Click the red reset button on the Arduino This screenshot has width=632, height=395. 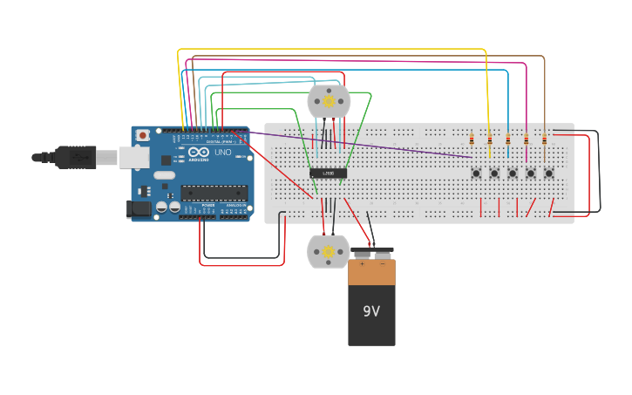click(142, 136)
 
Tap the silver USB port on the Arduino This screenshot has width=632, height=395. click(133, 157)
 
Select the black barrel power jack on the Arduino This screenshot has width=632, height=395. click(138, 208)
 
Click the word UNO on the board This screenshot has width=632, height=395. click(223, 153)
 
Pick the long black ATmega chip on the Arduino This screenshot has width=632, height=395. click(213, 193)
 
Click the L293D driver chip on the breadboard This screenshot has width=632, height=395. click(329, 173)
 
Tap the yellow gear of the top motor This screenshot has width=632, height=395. click(329, 101)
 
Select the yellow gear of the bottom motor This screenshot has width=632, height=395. click(328, 252)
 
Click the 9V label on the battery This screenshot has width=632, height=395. click(371, 311)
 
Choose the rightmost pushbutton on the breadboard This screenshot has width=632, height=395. click(548, 173)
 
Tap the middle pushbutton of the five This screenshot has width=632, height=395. click(513, 173)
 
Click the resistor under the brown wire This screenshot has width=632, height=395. click(545, 140)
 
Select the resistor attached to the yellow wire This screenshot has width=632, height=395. click(490, 140)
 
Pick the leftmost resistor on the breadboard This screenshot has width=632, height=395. click(472, 140)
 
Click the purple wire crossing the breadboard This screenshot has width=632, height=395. click(366, 146)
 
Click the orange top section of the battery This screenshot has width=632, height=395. click(371, 272)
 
